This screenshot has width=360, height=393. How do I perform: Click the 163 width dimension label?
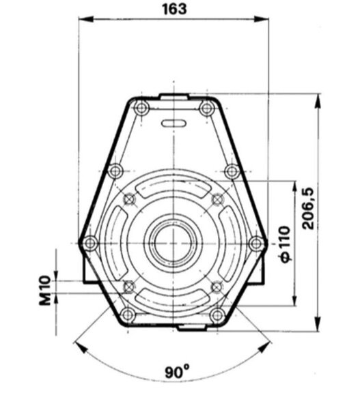pos(175,9)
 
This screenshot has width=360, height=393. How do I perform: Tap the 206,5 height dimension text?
pos(308,208)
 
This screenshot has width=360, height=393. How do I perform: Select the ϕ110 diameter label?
pos(285,244)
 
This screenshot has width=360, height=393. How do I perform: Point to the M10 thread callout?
pos(45,290)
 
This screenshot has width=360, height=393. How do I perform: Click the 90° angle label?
pos(177,372)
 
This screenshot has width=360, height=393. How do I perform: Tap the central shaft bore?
pos(174,243)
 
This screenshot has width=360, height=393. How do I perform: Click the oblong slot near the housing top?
pos(174,123)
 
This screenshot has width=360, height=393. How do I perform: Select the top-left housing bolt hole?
pos(141,108)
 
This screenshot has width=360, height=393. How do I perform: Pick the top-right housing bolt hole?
pos(206,108)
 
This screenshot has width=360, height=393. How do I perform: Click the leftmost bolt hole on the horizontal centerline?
pos(90,243)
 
